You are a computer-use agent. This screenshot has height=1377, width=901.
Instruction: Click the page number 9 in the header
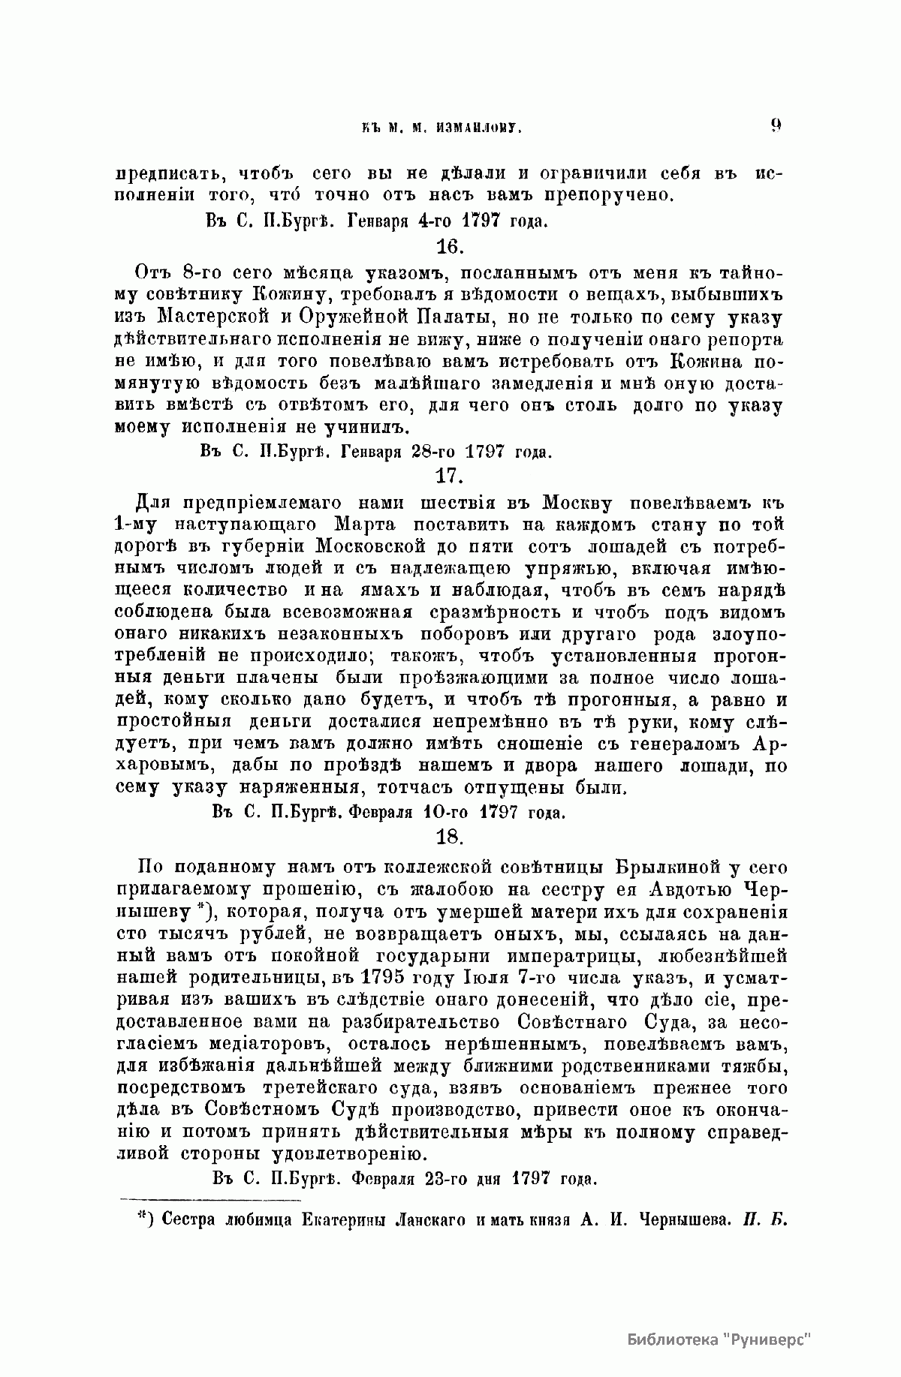(776, 126)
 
